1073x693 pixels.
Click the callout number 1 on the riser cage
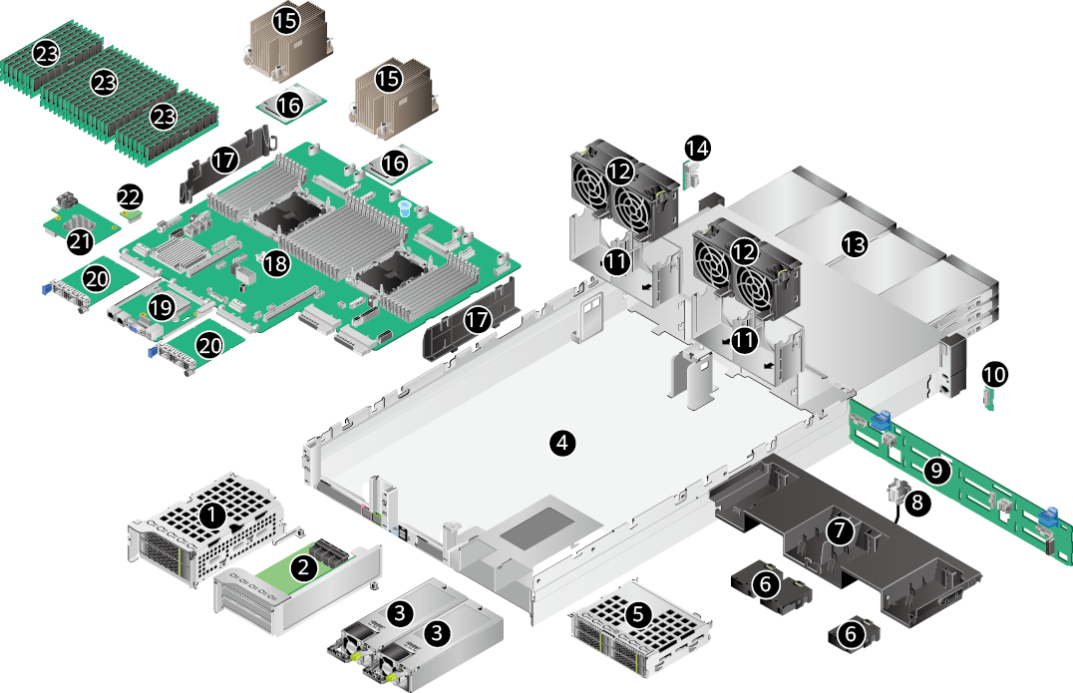coord(211,516)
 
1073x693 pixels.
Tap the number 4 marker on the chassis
coord(563,443)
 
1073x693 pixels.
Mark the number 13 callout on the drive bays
coord(855,245)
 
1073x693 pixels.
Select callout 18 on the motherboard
coord(274,262)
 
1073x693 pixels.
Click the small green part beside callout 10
coord(989,401)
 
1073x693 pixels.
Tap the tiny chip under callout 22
coord(130,211)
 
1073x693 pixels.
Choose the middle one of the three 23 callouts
coord(105,83)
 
